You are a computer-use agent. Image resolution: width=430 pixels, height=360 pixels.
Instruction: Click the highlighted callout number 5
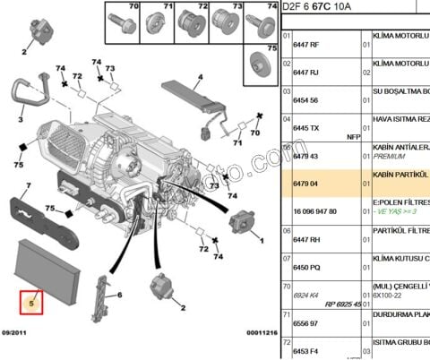point(30,303)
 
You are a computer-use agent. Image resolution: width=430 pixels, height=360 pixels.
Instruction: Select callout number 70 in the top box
point(133,6)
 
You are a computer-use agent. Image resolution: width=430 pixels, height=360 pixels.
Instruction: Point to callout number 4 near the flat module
point(201,76)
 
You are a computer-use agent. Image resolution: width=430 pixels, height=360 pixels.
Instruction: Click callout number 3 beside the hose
point(19,117)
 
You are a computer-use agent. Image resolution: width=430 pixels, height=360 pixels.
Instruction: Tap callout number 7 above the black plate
point(28,185)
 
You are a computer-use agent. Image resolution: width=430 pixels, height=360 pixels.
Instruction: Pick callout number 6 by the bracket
point(118,295)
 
